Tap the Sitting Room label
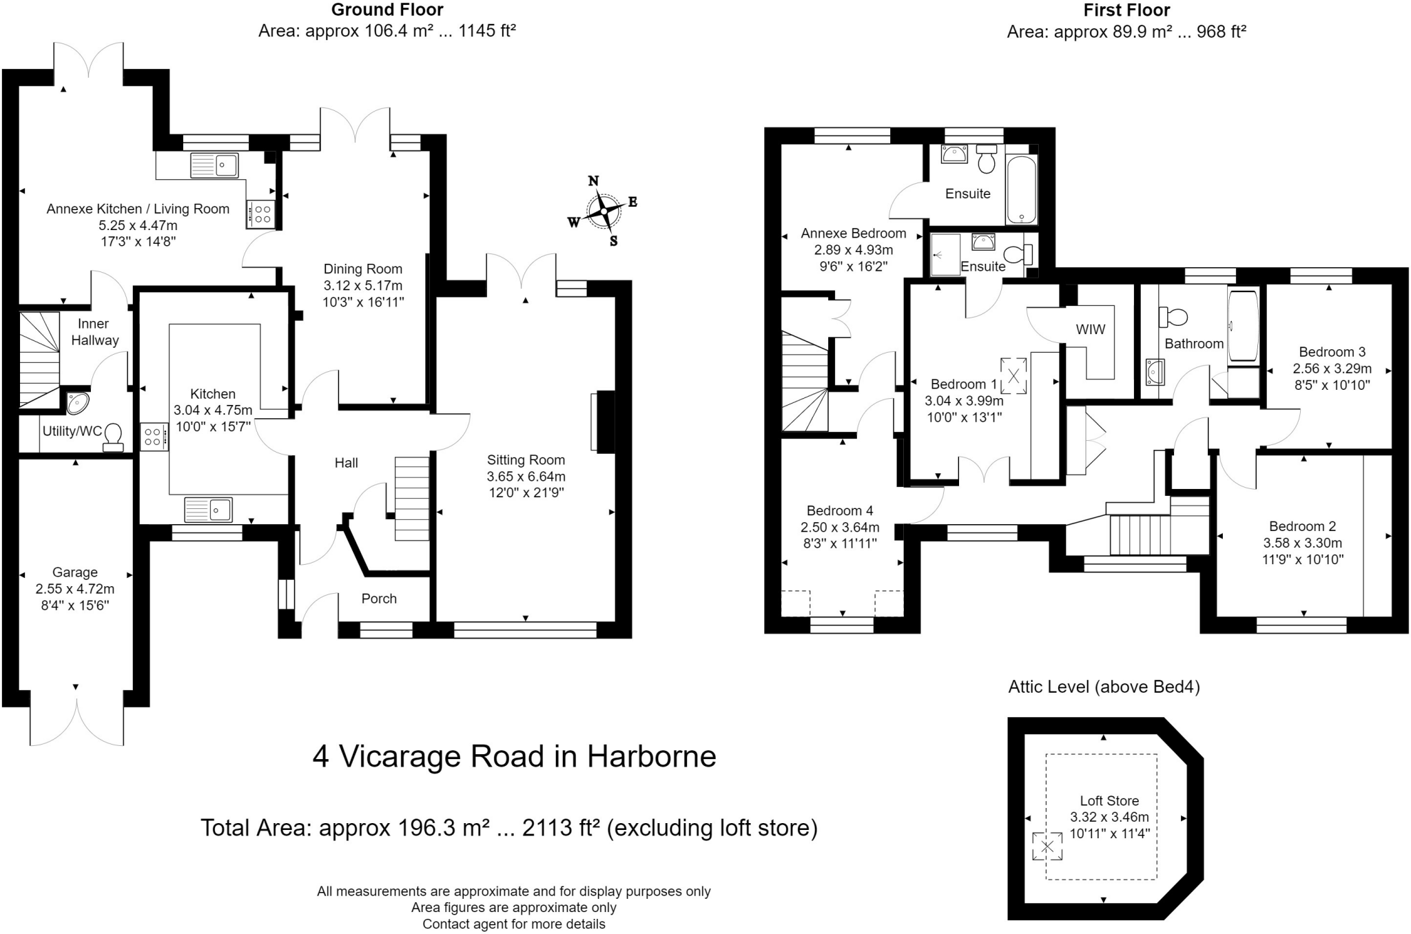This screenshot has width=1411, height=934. (526, 460)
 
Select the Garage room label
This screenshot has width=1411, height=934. (75, 572)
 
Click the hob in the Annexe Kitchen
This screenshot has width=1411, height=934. (260, 214)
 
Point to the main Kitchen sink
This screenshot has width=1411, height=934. (208, 510)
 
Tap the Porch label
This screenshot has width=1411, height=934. (379, 599)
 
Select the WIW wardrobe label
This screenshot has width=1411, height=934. (1091, 329)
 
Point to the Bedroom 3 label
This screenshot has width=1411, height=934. (1332, 352)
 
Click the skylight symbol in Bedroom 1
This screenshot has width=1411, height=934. (1013, 376)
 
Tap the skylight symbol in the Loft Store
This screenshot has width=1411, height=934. (1047, 846)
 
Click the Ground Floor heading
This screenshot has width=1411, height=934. (387, 10)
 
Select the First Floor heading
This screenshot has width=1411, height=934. (1126, 10)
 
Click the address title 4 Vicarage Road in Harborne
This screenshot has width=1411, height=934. (515, 756)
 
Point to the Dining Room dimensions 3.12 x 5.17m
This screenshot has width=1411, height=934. (363, 285)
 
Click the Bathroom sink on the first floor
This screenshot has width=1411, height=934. (1155, 372)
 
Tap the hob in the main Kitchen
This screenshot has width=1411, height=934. (154, 436)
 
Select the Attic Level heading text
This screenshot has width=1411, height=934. (1104, 687)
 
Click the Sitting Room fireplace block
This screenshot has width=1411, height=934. (605, 422)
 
